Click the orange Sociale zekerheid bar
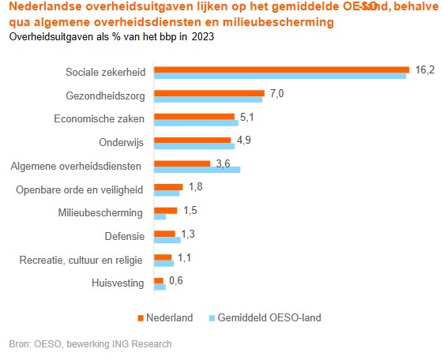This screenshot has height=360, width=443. (280, 69)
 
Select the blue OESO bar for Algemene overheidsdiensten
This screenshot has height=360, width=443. (197, 169)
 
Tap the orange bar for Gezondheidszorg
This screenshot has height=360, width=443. (209, 93)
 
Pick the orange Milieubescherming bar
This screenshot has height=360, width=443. (165, 210)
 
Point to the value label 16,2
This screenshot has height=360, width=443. (426, 71)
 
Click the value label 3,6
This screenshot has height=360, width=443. (223, 163)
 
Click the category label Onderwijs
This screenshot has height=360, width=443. (122, 143)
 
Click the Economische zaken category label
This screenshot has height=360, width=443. (99, 119)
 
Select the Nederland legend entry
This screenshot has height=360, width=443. (171, 317)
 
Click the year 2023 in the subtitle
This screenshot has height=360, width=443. (201, 36)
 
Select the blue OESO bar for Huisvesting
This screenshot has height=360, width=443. (160, 287)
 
